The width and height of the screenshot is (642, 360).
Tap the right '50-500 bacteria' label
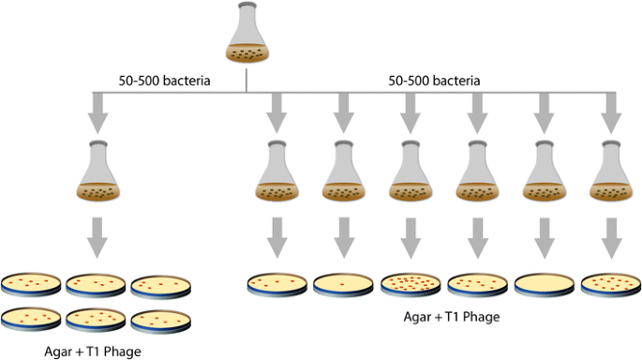tap(434, 82)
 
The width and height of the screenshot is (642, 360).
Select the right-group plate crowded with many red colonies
tap(409, 283)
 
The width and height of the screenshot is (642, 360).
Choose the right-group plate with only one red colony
tap(342, 284)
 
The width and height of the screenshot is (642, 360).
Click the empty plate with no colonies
tap(542, 284)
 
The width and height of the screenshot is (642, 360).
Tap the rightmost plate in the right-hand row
tap(608, 283)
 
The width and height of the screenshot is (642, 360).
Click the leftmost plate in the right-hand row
tap(276, 283)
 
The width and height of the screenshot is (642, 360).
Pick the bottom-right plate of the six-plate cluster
tap(161, 320)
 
